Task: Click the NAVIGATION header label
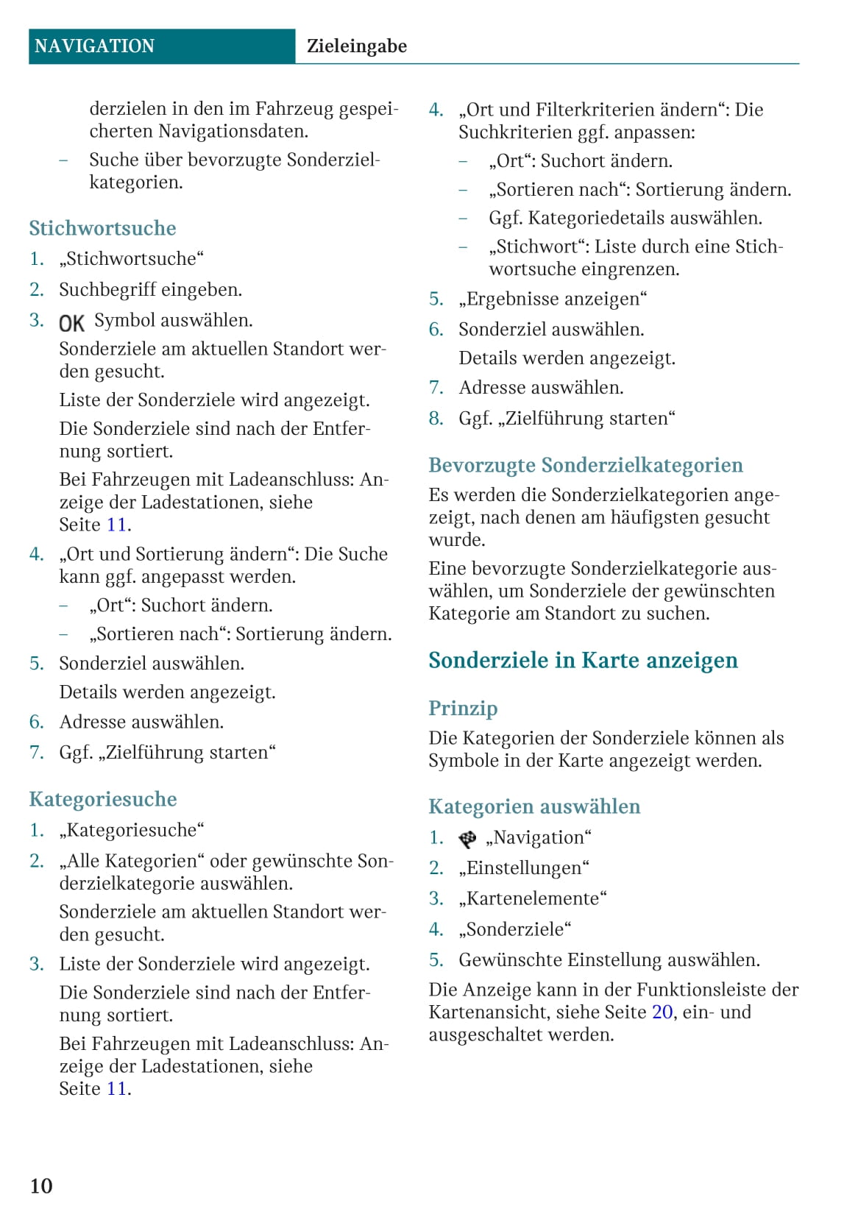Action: pyautogui.click(x=94, y=46)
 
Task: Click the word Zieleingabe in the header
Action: pyautogui.click(x=356, y=46)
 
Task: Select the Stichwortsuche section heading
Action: pyautogui.click(x=102, y=228)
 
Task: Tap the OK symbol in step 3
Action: pyautogui.click(x=71, y=323)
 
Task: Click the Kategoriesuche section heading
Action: pyautogui.click(x=103, y=799)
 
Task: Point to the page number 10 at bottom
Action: pyautogui.click(x=41, y=1185)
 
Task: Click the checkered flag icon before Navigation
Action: pyautogui.click(x=467, y=839)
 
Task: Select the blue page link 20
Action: pyautogui.click(x=662, y=1012)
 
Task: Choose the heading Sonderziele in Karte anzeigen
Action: pyautogui.click(x=583, y=660)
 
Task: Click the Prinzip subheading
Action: pyautogui.click(x=463, y=708)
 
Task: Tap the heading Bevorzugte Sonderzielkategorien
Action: pyautogui.click(x=586, y=465)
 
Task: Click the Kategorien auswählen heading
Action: pyautogui.click(x=534, y=806)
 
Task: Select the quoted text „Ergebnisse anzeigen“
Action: pyautogui.click(x=553, y=299)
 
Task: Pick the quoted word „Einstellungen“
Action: pyautogui.click(x=524, y=868)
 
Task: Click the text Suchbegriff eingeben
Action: pyautogui.click(x=150, y=290)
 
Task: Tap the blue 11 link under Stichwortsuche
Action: pyautogui.click(x=117, y=525)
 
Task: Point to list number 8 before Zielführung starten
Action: pyautogui.click(x=436, y=419)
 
